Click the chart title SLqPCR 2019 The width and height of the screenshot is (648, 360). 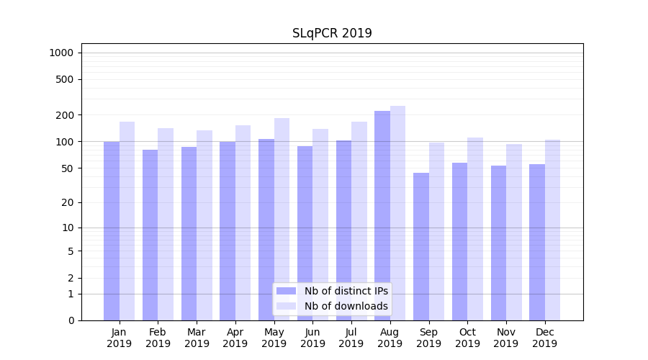pos(332,33)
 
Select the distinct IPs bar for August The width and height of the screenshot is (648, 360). pos(382,216)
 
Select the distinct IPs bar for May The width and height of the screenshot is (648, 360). pos(266,230)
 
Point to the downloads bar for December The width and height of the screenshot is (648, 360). pos(552,230)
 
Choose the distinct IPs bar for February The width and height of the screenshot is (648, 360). pos(150,235)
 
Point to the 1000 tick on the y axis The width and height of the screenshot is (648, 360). pos(61,53)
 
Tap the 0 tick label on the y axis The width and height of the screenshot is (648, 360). pos(71,320)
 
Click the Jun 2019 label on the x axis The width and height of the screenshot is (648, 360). pos(312,338)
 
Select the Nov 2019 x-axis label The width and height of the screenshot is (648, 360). pos(506,338)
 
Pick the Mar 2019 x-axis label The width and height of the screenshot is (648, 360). pos(197,338)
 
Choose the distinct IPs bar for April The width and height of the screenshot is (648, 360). pos(228,231)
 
